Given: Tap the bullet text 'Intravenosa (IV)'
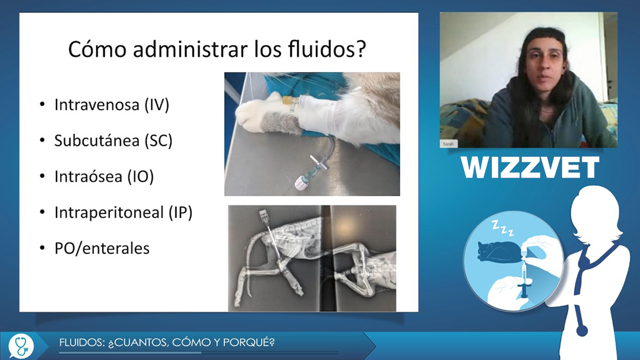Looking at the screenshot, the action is click(x=112, y=105).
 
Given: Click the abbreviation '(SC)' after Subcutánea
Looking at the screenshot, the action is click(x=159, y=141).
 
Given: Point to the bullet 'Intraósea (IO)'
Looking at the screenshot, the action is click(x=104, y=177).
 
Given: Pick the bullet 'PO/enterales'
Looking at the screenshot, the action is click(x=102, y=249).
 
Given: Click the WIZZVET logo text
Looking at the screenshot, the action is click(x=530, y=167).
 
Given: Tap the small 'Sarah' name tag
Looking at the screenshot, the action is click(x=448, y=144).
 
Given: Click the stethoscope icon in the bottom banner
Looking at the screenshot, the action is click(x=21, y=346).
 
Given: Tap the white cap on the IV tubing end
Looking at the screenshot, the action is click(x=301, y=183).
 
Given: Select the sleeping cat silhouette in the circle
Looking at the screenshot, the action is click(x=499, y=252).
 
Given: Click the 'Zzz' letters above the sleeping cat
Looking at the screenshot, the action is click(x=502, y=228).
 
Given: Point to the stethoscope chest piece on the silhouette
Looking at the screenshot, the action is click(x=581, y=330).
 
